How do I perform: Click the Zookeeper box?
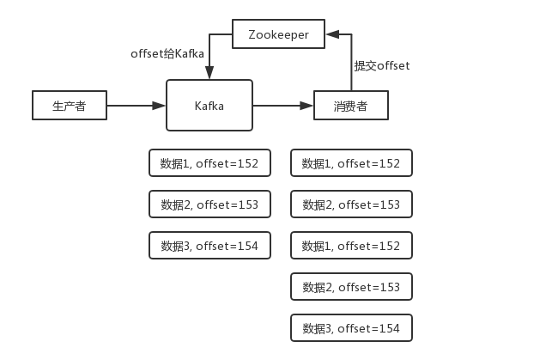click(x=279, y=35)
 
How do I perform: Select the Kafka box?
click(x=209, y=106)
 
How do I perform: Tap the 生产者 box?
click(x=70, y=106)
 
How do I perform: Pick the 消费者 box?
click(x=351, y=106)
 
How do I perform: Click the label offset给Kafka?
click(x=167, y=54)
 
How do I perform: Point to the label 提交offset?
click(x=382, y=66)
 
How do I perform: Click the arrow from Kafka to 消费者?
click(x=282, y=106)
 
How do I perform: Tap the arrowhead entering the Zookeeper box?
click(x=333, y=35)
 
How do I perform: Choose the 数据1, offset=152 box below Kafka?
click(x=209, y=163)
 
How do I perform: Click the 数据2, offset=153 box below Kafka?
click(x=209, y=204)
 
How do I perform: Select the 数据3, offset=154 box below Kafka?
click(x=209, y=246)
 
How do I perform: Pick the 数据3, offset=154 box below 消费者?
click(x=351, y=328)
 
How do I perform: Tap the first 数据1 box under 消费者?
click(x=351, y=163)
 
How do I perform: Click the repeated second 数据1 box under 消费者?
click(x=351, y=246)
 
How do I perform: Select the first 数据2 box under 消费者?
click(x=351, y=204)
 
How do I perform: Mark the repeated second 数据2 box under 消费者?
click(x=351, y=287)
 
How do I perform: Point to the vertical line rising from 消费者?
click(x=351, y=64)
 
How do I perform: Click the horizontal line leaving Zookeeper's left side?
click(x=221, y=35)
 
